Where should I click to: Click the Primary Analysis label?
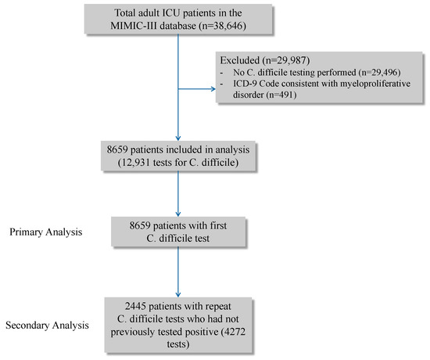(x=45, y=232)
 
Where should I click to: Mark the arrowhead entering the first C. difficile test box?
(x=180, y=215)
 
